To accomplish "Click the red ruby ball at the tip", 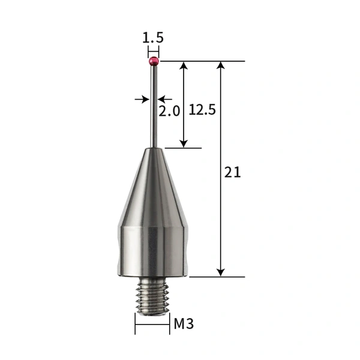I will pyautogui.click(x=153, y=61).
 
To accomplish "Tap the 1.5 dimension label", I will pyautogui.click(x=153, y=38).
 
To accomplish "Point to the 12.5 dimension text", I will pyautogui.click(x=202, y=109).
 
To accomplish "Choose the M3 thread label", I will pyautogui.click(x=184, y=325).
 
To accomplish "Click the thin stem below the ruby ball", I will pyautogui.click(x=154, y=108).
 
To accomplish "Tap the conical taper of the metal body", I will pyautogui.click(x=153, y=186).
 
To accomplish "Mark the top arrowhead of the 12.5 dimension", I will pyautogui.click(x=184, y=65).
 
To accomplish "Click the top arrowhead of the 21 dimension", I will pyautogui.click(x=221, y=65).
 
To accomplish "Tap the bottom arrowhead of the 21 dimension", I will pyautogui.click(x=221, y=272).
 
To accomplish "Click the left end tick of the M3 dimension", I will pyautogui.click(x=136, y=325).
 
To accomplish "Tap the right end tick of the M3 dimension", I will pyautogui.click(x=169, y=325).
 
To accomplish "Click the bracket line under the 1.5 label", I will pyautogui.click(x=153, y=50).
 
